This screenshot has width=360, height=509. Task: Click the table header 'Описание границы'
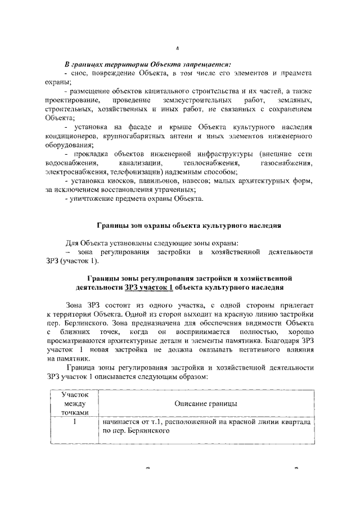205,404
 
